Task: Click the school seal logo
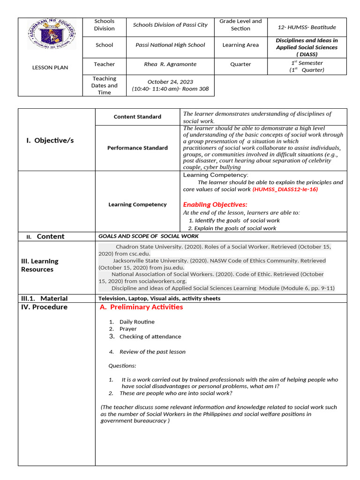[x=51, y=34]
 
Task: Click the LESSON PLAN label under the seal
[x=50, y=67]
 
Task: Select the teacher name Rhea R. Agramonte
[x=170, y=64]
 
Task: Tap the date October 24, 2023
[x=170, y=82]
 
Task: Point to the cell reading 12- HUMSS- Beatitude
[x=307, y=27]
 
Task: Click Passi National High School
[x=170, y=45]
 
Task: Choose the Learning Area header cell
[x=240, y=45]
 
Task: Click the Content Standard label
[x=137, y=117]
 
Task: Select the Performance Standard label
[x=137, y=148]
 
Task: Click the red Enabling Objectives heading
[x=215, y=204]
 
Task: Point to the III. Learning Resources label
[x=40, y=265]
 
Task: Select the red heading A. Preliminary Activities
[x=142, y=307]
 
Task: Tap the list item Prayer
[x=128, y=329]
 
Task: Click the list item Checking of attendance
[x=150, y=337]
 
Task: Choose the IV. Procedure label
[x=44, y=307]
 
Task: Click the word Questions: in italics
[x=122, y=366]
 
